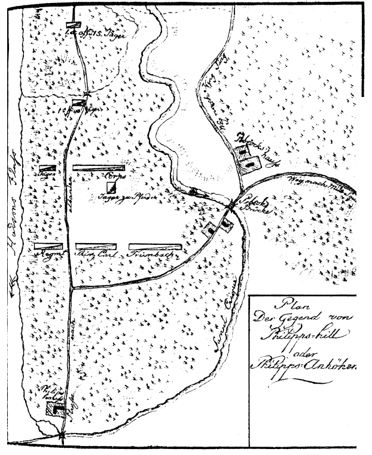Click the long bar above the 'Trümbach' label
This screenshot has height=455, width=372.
(155, 245)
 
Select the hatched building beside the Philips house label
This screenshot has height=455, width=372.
(56, 409)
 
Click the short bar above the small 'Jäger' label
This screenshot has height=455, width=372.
(49, 168)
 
